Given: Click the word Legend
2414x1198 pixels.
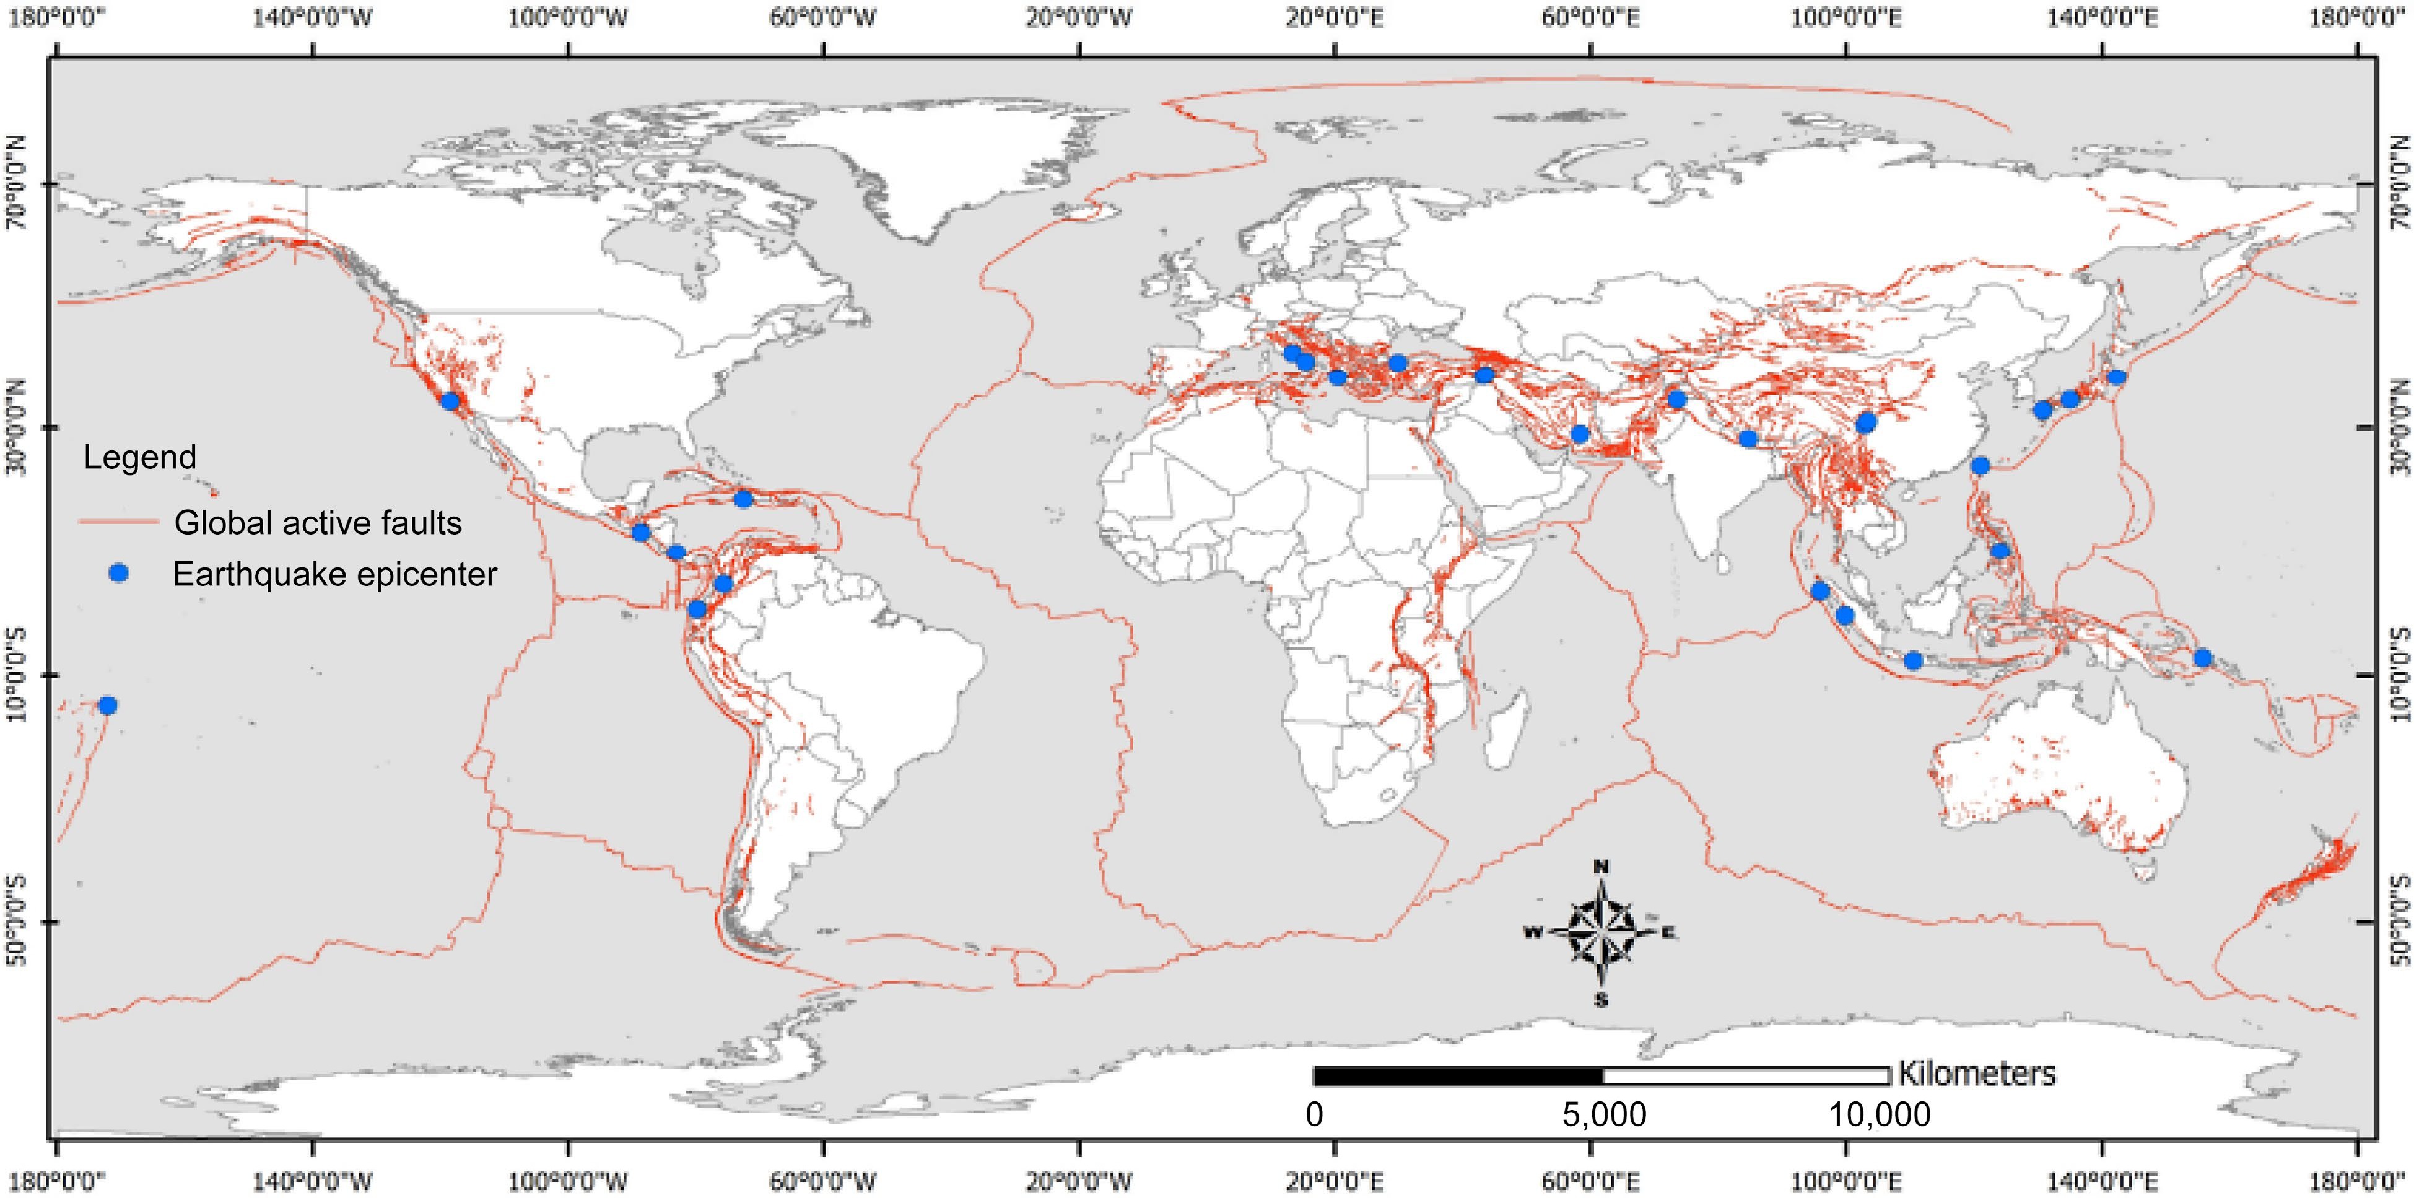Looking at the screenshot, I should [x=139, y=457].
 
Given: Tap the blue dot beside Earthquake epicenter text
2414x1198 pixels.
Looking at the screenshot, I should [x=118, y=573].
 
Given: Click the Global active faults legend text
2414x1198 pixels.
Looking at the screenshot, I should [x=318, y=522].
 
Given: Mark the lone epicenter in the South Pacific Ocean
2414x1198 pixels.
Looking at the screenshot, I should [x=108, y=705].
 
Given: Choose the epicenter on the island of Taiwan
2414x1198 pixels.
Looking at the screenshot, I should [x=1980, y=466].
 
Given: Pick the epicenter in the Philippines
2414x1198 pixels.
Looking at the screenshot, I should [x=2000, y=550].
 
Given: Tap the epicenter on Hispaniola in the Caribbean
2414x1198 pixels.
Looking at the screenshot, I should [x=743, y=499].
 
